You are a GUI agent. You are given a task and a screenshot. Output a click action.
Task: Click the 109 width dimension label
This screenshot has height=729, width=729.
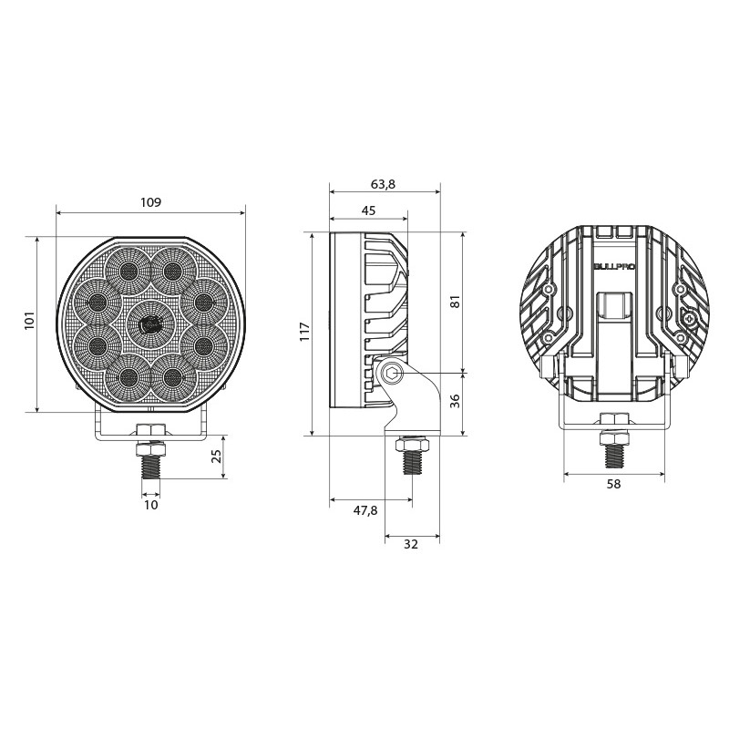pos(150,202)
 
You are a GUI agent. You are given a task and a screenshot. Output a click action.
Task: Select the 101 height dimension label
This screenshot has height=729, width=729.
pos(30,321)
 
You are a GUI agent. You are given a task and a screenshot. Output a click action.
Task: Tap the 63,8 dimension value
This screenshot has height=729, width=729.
pos(383,184)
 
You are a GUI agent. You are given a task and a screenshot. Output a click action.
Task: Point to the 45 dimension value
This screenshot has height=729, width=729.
pos(368,210)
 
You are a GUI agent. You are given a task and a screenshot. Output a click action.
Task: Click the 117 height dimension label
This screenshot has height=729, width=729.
pos(305,332)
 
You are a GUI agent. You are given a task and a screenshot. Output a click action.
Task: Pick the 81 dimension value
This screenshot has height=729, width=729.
pos(456,302)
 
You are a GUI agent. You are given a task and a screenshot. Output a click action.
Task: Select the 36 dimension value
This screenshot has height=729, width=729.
pos(456,401)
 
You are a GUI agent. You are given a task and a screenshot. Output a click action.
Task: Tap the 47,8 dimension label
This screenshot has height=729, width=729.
pos(365,510)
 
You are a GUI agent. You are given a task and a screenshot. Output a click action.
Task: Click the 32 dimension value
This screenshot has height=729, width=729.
pos(411,544)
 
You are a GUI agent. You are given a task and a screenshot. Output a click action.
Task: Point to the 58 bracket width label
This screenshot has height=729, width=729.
pos(613,484)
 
